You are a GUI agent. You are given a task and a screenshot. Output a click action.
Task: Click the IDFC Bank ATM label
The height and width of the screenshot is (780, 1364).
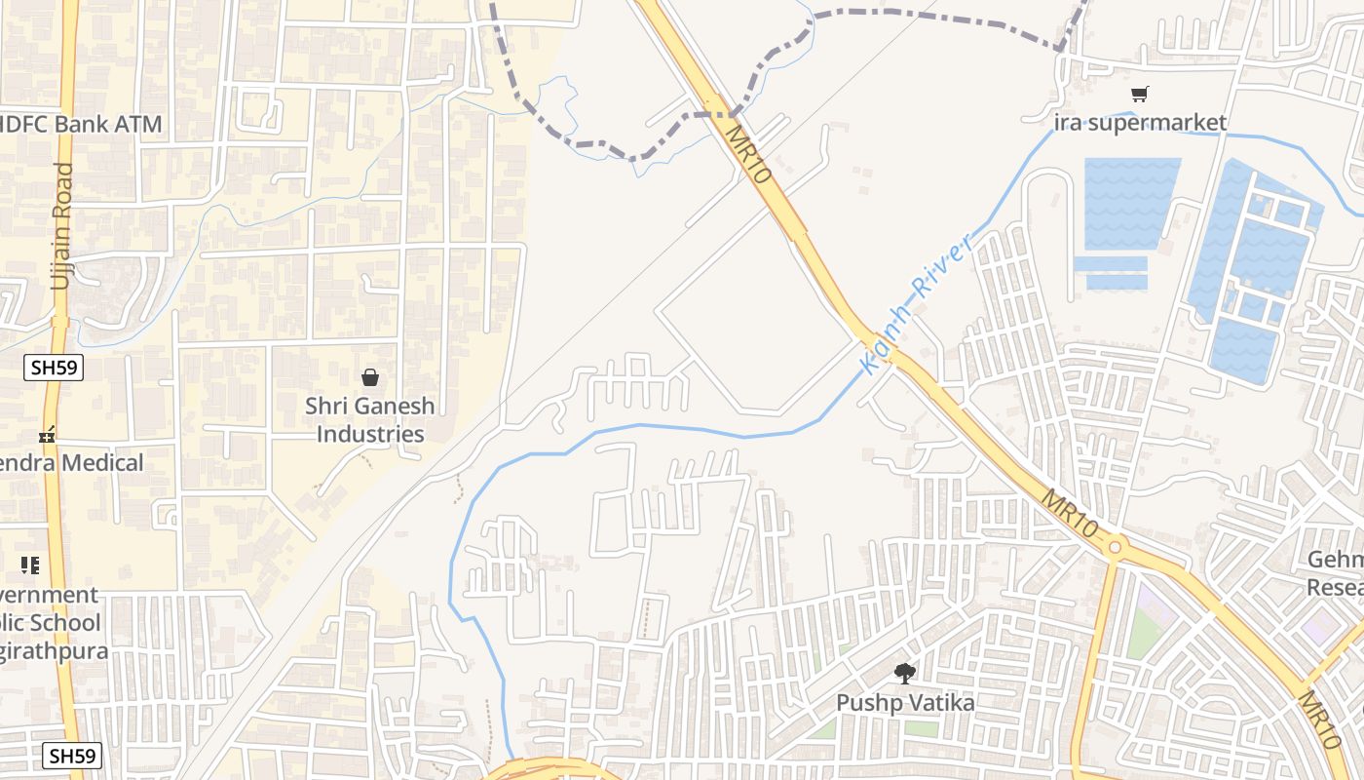(x=81, y=125)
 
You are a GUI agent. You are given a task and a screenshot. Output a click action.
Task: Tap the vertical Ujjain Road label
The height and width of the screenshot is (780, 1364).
(x=61, y=225)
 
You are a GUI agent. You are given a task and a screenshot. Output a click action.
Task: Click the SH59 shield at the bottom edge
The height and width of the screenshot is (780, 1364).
(x=73, y=756)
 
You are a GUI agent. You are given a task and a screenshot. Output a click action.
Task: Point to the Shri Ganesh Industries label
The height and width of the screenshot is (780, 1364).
(x=370, y=420)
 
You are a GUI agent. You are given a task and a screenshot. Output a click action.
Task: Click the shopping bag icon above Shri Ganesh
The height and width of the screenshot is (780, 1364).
(x=370, y=377)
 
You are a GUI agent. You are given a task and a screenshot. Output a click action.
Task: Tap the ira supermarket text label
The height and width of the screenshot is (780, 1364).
(x=1140, y=123)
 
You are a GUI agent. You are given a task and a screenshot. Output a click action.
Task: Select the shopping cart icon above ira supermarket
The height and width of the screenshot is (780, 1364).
(x=1139, y=94)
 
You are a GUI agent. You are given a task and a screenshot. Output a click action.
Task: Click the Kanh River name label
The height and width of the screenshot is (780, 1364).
(x=917, y=305)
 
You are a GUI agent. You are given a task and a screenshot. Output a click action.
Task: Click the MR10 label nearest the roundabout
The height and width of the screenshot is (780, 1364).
(x=1069, y=513)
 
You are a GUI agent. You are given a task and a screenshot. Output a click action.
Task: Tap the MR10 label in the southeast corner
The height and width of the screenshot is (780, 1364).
(x=1321, y=719)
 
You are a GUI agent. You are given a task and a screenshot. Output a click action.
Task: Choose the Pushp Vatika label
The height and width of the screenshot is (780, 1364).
(x=905, y=703)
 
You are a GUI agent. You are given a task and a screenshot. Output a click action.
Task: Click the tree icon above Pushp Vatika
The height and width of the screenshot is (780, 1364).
(x=905, y=673)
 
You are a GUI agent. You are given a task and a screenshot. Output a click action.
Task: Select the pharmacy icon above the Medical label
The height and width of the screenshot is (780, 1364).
(x=46, y=434)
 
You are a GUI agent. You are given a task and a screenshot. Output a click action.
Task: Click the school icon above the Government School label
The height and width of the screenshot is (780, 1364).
(x=30, y=565)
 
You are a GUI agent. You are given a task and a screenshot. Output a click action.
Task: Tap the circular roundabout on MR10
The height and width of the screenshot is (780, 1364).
(x=1117, y=547)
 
